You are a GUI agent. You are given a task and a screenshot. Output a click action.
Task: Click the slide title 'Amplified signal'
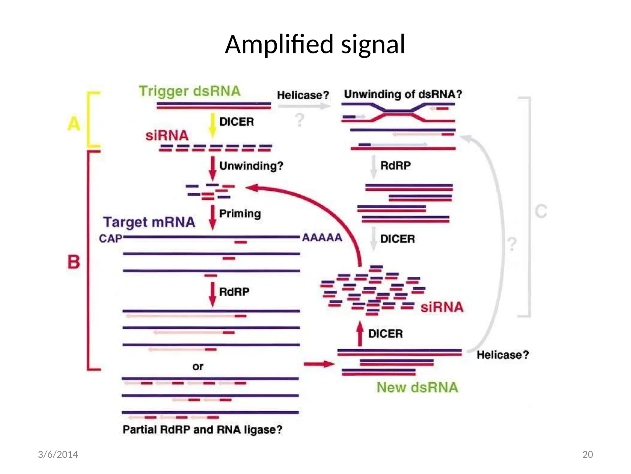[315, 44]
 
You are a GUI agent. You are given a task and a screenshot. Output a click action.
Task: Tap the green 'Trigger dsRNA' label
[189, 91]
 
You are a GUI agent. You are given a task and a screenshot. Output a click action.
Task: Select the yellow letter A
[74, 124]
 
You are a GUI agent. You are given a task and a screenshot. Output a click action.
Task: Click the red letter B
[74, 262]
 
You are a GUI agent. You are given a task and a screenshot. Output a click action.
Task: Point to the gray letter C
[541, 212]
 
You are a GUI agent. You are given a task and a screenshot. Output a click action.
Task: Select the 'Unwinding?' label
[251, 166]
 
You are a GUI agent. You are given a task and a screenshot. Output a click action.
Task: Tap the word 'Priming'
[240, 214]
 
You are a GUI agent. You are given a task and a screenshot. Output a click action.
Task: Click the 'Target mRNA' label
[149, 222]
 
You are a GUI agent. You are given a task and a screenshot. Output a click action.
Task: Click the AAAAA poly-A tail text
[322, 238]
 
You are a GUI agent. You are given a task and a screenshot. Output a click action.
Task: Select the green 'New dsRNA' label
[417, 388]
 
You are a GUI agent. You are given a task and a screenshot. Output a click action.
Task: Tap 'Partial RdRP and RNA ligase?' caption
[202, 430]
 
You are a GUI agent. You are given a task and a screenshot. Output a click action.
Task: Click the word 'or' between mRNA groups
[198, 367]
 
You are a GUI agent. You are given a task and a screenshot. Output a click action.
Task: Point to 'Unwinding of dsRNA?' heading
[403, 94]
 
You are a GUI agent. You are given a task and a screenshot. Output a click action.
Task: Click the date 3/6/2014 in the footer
[58, 455]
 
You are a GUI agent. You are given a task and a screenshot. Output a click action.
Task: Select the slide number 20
[588, 455]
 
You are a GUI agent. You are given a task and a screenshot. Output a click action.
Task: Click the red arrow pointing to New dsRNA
[319, 364]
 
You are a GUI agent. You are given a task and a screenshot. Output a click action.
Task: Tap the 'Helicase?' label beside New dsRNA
[503, 355]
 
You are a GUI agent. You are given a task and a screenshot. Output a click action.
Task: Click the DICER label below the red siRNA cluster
[385, 334]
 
